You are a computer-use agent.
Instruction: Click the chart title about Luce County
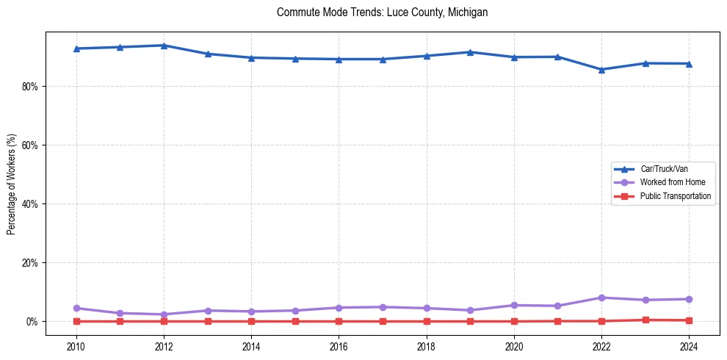382,12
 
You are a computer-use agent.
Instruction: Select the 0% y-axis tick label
32,322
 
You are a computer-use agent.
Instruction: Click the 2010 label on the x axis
76,346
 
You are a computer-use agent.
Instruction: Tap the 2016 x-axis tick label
339,346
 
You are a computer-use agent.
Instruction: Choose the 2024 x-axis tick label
689,346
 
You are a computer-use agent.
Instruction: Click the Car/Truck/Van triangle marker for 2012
164,46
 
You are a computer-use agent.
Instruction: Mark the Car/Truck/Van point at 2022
601,70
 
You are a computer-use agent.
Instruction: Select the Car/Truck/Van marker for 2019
470,52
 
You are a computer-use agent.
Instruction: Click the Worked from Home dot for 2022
601,298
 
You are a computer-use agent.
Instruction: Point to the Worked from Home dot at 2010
76,308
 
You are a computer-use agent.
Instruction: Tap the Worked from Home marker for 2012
164,314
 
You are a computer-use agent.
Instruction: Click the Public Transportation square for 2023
645,320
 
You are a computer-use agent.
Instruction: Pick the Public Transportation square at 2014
251,321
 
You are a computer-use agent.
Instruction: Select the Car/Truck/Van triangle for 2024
689,64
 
